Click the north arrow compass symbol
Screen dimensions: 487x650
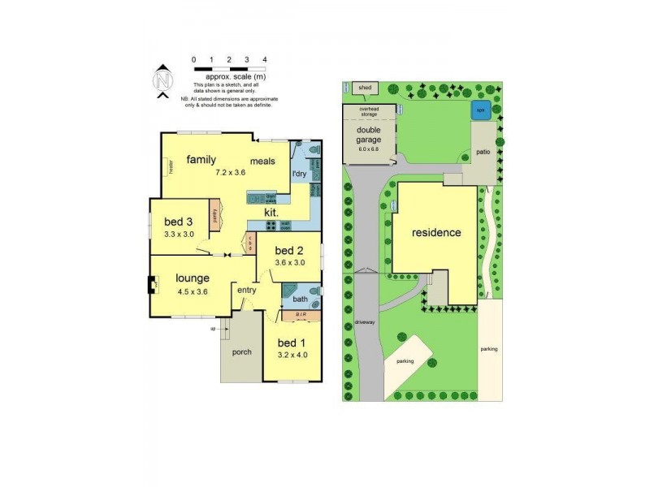coord(164,80)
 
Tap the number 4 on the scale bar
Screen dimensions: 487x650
coord(264,59)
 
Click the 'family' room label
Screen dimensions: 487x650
coord(201,159)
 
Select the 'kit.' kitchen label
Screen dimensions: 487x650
coord(271,213)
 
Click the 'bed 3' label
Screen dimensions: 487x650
coord(178,222)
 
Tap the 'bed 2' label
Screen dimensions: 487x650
coord(288,250)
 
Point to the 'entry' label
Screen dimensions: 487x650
coord(246,290)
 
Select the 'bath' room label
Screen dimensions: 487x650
coord(300,300)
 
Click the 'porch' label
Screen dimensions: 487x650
coord(241,351)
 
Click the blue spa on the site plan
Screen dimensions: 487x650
coord(479,110)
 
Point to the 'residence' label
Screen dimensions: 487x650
coord(436,232)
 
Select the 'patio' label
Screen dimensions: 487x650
coord(481,151)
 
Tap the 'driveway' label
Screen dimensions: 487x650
coord(365,322)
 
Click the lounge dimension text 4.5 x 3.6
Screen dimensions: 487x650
coord(193,291)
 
